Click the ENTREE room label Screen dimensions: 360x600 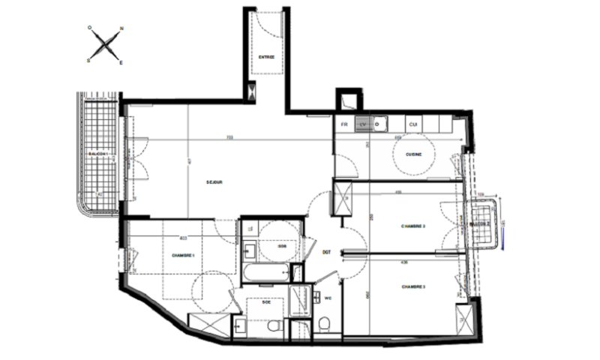click(266, 56)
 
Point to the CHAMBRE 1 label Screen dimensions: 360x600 click(183, 255)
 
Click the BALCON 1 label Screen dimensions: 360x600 click(98, 154)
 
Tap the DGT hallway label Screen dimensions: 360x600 click(327, 252)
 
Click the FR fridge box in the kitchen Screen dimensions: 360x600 click(344, 124)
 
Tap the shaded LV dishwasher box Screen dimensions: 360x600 click(363, 124)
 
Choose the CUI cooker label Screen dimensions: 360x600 click(412, 124)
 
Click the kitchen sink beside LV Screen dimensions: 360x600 click(379, 124)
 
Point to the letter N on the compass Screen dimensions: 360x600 click(121, 30)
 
